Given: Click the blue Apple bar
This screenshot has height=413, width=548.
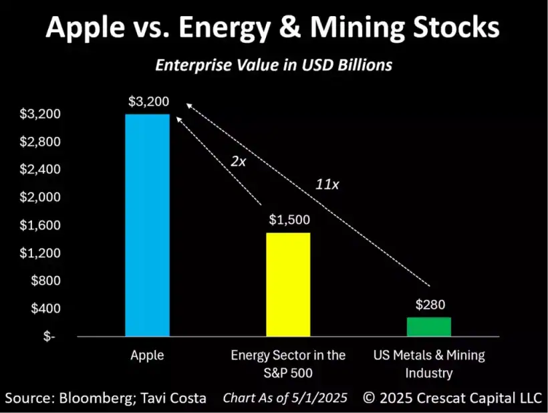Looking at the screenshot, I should pos(147,225).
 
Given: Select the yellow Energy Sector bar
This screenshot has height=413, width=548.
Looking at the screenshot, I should pos(288,284).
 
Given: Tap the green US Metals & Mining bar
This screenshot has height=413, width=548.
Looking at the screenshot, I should pos(428,327).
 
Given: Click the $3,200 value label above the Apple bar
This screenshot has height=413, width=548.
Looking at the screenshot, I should pos(148,102).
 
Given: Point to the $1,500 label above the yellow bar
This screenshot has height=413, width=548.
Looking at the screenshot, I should pos(289,219).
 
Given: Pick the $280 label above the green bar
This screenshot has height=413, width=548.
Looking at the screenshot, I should pos(428,305).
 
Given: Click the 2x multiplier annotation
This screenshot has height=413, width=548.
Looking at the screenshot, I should pos(237,161).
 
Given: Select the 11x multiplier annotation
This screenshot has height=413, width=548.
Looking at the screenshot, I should pos(327,184).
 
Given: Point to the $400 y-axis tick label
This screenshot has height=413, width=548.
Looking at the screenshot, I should pos(45,309).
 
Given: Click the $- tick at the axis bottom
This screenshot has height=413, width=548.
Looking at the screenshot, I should pos(50,337).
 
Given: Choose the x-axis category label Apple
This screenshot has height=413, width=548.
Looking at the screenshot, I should pos(147,356).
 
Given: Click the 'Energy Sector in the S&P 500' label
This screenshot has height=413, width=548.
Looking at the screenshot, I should pos(288,364).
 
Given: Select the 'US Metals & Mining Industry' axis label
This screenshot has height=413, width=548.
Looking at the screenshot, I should pos(428,364).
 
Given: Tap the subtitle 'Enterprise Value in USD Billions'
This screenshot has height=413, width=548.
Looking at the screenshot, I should pos(273,65).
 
